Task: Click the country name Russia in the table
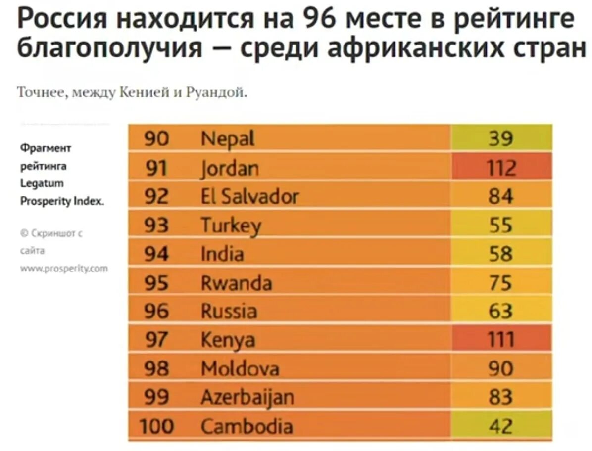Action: pos(229,311)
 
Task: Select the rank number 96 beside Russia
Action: pos(157,311)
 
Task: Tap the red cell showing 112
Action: pos(500,168)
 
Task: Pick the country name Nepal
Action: pos(228,139)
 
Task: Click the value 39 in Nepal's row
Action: pos(500,139)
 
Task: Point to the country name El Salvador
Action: pos(249,197)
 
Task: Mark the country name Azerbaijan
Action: pos(247,397)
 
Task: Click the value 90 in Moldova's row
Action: pos(500,368)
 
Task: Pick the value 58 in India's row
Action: pos(500,254)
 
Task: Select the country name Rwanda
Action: pos(236,283)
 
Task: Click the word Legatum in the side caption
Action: pos(42,183)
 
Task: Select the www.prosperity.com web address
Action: pos(64,269)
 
